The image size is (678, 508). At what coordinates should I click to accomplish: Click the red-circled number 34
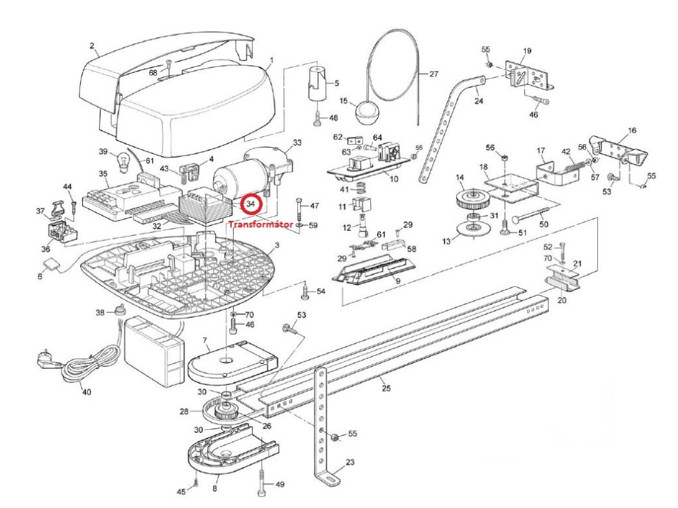coord(250,204)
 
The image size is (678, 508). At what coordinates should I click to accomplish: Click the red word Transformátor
coord(260,224)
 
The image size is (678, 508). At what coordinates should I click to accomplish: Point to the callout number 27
coord(433,74)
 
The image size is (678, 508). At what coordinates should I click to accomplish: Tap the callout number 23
coord(350,462)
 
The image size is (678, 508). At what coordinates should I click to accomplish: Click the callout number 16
coord(631,131)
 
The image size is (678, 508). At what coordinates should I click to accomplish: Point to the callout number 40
coord(86,392)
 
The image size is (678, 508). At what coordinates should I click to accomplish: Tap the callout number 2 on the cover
coord(93,47)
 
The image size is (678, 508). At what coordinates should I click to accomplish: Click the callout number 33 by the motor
coord(297,142)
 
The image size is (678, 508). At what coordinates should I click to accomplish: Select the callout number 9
coord(398,281)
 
